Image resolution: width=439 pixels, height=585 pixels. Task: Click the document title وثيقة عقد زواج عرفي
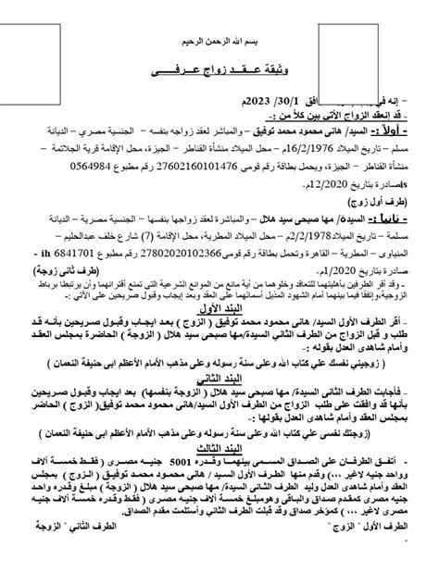[220, 71]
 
